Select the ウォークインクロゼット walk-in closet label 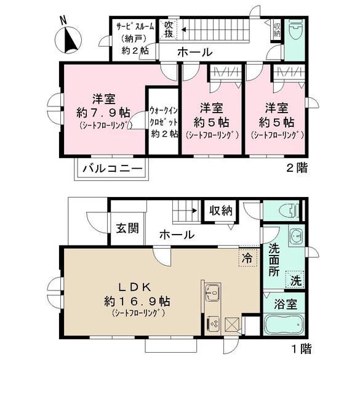click(164, 122)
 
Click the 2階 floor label click(297, 167)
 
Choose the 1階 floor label click(300, 350)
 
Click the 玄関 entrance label click(127, 227)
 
